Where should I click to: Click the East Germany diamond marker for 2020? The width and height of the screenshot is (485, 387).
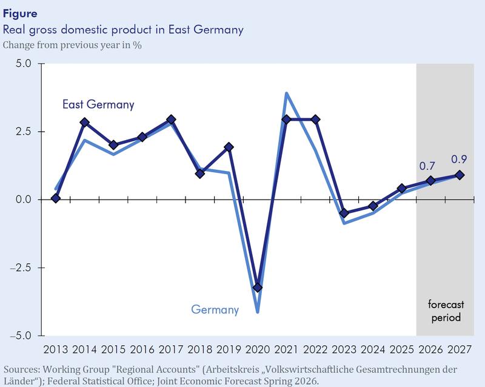pyautogui.click(x=258, y=288)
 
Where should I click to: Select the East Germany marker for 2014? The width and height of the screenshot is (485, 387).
pyautogui.click(x=85, y=123)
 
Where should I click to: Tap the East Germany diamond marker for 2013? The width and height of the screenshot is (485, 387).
pyautogui.click(x=56, y=198)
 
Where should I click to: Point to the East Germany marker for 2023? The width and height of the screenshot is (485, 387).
pyautogui.click(x=344, y=213)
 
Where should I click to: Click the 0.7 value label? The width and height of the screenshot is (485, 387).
pyautogui.click(x=428, y=166)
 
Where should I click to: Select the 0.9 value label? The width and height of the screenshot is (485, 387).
pyautogui.click(x=458, y=160)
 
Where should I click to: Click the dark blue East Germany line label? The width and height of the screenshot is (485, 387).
pyautogui.click(x=98, y=105)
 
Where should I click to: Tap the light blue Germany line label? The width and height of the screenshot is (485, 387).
pyautogui.click(x=215, y=310)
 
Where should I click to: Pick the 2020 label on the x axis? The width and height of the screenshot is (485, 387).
pyautogui.click(x=258, y=350)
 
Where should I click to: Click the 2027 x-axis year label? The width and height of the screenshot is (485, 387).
pyautogui.click(x=459, y=350)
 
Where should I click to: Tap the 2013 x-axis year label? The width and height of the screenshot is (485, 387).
pyautogui.click(x=56, y=350)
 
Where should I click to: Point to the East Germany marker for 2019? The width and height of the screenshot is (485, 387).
pyautogui.click(x=229, y=147)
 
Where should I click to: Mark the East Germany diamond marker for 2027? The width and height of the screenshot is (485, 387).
pyautogui.click(x=460, y=175)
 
